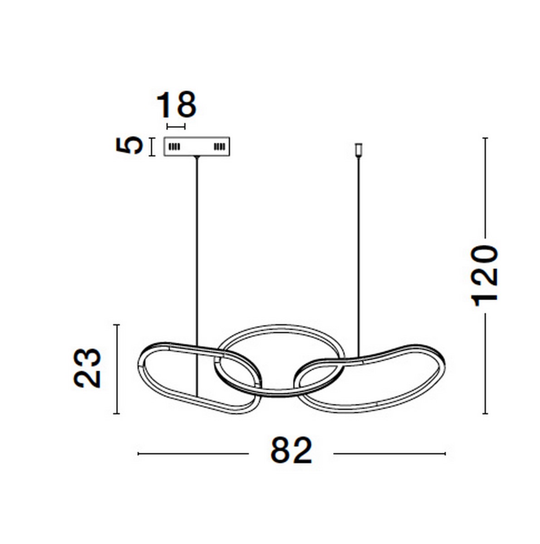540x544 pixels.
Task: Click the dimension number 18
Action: tap(176, 105)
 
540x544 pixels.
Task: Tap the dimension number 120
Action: tap(485, 276)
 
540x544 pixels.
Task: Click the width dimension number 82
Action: tap(291, 451)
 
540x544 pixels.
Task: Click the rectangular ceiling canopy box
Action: tap(196, 146)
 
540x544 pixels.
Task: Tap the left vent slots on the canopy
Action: tap(175, 147)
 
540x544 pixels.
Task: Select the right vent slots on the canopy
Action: tap(219, 147)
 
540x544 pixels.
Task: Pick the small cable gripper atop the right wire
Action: tap(358, 149)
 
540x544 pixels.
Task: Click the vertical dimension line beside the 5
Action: tap(151, 146)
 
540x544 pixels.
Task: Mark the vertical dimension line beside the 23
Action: tap(118, 369)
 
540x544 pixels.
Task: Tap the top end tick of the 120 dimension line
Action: tap(485, 138)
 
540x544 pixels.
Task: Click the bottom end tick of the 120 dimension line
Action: tap(485, 413)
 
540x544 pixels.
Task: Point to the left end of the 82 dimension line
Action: tap(139, 453)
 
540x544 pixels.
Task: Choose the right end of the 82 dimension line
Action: tap(445, 453)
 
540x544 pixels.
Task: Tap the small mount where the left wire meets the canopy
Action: tap(196, 157)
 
